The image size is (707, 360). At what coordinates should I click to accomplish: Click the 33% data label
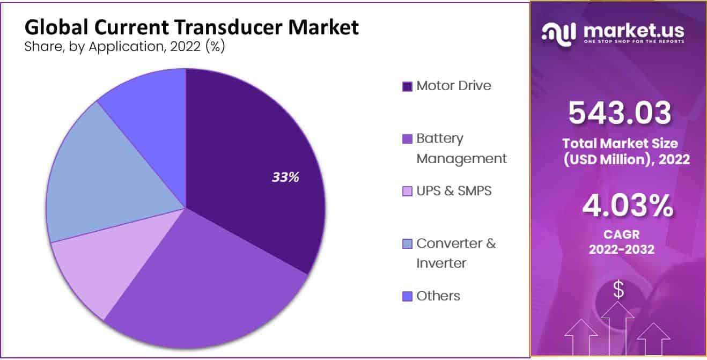[x=285, y=177]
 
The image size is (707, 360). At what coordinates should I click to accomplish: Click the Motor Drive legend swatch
[x=407, y=86]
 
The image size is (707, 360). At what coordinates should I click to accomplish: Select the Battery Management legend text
[x=461, y=148]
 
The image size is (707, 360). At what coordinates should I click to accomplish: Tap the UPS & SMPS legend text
[x=454, y=190]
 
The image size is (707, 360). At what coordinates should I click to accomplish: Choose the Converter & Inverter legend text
[x=456, y=253]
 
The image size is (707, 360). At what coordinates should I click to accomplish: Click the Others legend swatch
[x=407, y=296]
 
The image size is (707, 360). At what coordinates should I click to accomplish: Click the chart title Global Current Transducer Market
[x=192, y=27]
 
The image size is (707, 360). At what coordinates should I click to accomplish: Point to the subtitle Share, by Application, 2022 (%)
[x=124, y=47]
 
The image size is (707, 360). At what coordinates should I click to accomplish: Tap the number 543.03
[x=619, y=113]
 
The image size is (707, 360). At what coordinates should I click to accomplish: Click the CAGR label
[x=620, y=234]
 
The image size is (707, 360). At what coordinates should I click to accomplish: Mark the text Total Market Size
[x=620, y=144]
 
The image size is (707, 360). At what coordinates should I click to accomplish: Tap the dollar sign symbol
[x=618, y=290]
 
